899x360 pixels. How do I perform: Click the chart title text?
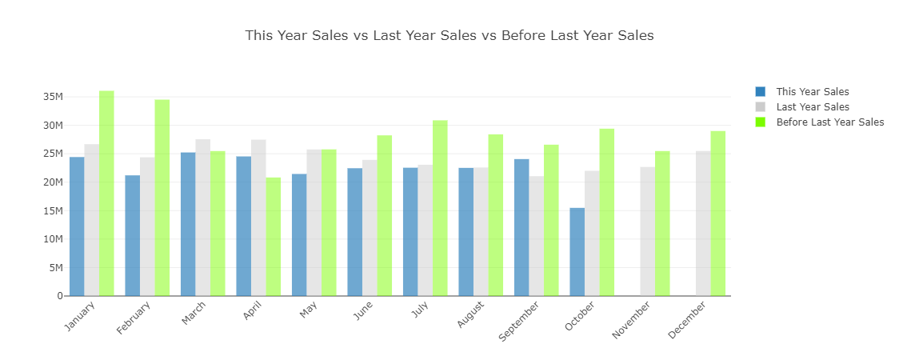449,35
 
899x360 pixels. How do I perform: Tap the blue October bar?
577,252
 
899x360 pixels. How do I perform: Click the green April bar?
274,237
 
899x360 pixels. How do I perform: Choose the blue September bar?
521,228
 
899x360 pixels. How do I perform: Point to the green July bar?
440,208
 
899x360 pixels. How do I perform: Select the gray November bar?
647,232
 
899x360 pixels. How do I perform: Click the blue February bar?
132,236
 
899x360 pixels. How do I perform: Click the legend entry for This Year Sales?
812,92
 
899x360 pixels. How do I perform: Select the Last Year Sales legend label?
813,107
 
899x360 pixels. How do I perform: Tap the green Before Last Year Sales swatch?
760,122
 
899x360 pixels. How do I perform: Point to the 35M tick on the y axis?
53,97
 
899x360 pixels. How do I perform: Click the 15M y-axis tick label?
53,210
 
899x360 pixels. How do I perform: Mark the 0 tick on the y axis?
59,296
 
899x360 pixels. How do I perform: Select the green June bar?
385,216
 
